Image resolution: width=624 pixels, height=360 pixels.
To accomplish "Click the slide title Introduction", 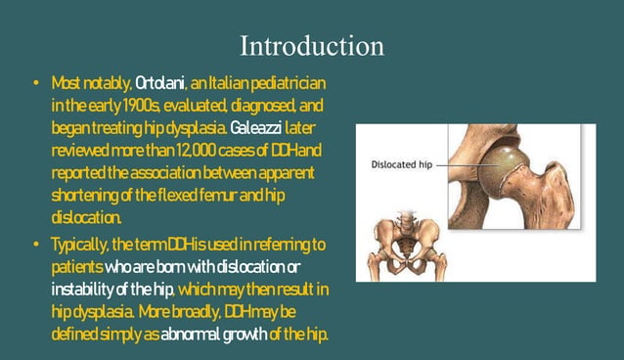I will (x=312, y=46).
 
